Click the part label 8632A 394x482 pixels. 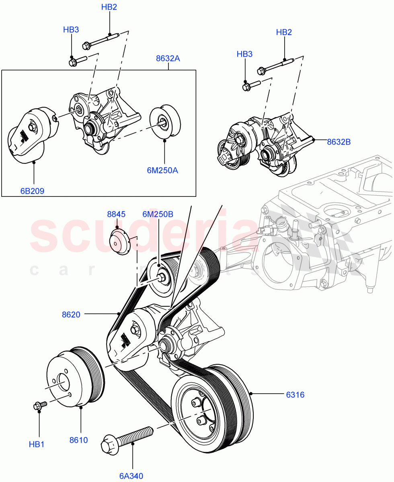(168, 59)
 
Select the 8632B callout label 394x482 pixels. (339, 141)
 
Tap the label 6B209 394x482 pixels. (32, 191)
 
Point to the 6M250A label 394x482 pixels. (162, 170)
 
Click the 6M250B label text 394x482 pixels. (158, 214)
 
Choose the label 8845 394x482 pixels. (116, 214)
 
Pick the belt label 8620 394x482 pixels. (71, 315)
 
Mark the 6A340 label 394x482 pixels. (131, 476)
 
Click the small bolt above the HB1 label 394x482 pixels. (40, 406)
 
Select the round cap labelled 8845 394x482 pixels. (119, 242)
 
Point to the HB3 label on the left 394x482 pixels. (71, 30)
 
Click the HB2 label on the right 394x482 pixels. (284, 33)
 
